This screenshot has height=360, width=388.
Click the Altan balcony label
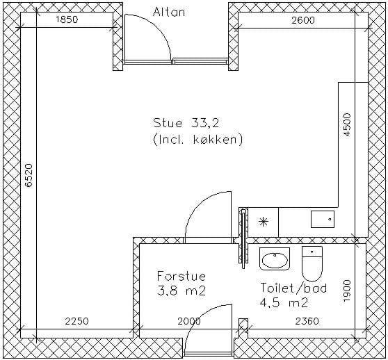[169, 12]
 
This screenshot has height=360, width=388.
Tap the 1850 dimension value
[67, 19]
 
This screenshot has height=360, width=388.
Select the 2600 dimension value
[303, 20]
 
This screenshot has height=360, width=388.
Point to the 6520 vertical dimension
[29, 175]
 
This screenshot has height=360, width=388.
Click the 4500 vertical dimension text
[347, 124]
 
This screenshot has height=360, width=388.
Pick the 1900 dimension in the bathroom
[347, 291]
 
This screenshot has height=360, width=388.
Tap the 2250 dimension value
[76, 321]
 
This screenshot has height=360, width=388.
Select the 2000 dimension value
[189, 321]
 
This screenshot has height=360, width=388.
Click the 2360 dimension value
[307, 321]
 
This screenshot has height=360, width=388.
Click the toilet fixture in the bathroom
[312, 263]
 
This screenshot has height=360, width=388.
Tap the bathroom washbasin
[275, 259]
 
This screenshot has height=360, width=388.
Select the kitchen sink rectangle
[323, 220]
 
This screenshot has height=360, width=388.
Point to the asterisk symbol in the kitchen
[263, 222]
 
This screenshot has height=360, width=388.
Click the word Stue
[168, 123]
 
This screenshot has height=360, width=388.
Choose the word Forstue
[181, 276]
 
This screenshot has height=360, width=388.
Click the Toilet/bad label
[293, 288]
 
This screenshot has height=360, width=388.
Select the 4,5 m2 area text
[284, 302]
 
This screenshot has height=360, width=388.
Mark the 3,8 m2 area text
[181, 291]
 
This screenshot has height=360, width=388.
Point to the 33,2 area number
[205, 123]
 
